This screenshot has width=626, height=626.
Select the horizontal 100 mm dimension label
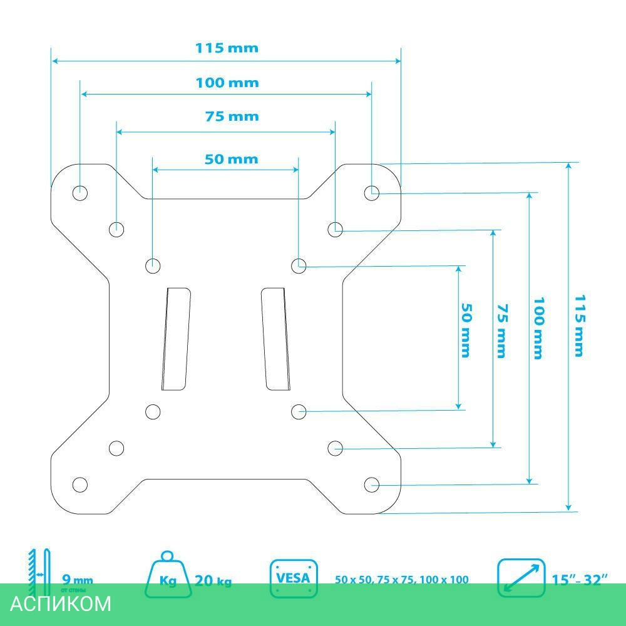(227, 83)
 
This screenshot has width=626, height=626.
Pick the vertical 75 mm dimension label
(501, 331)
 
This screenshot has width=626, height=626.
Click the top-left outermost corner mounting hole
(80, 192)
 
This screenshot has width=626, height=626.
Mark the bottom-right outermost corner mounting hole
(371, 484)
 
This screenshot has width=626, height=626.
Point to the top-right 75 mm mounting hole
(336, 228)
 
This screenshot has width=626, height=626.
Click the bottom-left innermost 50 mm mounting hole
(153, 411)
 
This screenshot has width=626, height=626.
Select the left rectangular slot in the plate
(176, 338)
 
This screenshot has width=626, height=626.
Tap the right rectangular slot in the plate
(275, 338)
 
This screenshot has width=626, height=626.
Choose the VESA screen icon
(294, 578)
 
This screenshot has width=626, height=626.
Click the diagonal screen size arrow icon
(520, 578)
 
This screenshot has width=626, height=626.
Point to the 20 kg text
(213, 581)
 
